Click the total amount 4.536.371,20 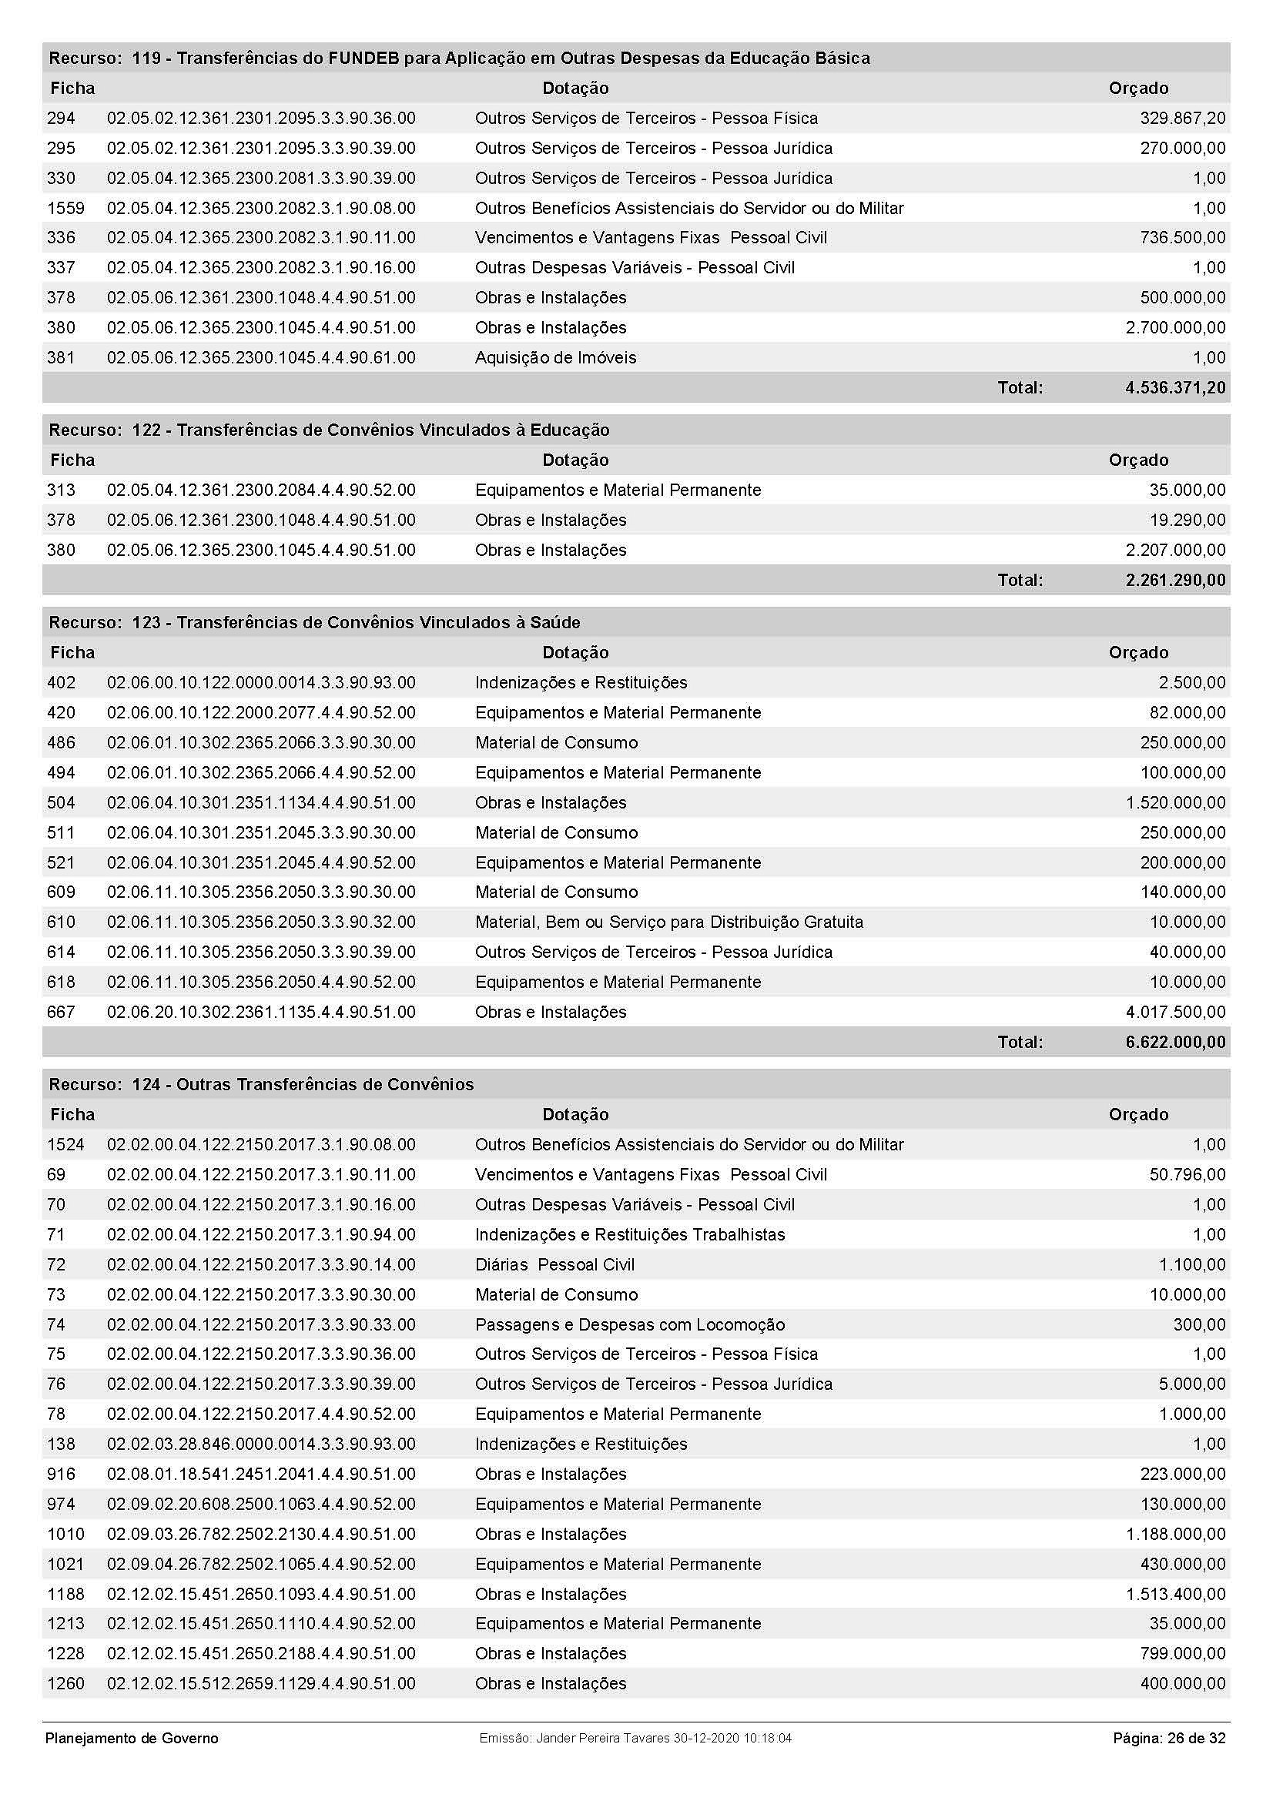click(x=1174, y=387)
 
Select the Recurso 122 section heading click(x=329, y=430)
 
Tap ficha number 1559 click(x=65, y=208)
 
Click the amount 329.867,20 click(x=1182, y=119)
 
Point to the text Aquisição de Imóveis click(x=555, y=358)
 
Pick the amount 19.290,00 click(x=1187, y=520)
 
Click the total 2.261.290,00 click(x=1174, y=581)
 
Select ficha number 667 click(x=61, y=1012)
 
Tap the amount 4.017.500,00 click(x=1175, y=1012)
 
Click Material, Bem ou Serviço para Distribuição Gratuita click(x=668, y=922)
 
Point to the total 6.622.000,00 click(x=1174, y=1043)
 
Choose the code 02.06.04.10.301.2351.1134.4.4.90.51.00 click(x=261, y=802)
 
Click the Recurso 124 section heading click(x=261, y=1085)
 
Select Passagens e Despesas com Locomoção click(x=629, y=1325)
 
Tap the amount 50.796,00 click(x=1187, y=1175)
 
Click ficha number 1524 click(x=65, y=1145)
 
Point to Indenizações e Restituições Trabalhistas click(x=629, y=1234)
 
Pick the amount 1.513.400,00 click(x=1175, y=1595)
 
